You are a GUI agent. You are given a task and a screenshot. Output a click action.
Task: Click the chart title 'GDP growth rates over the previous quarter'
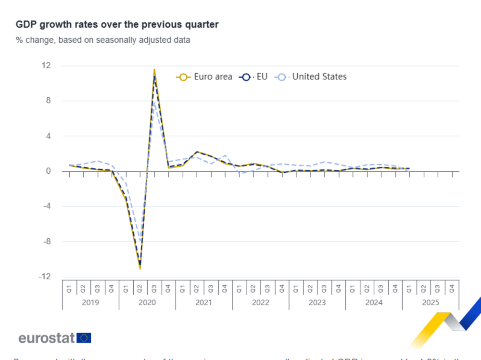117,24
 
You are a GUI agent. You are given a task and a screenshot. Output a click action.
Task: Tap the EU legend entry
253,77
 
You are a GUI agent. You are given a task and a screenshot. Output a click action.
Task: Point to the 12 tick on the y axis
47,65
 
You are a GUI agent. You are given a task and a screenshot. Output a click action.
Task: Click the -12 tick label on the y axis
46,277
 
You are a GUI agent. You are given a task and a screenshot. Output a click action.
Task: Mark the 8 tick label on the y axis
49,101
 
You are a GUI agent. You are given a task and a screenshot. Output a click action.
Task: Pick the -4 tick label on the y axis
47,206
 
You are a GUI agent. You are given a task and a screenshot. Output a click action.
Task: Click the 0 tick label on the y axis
49,171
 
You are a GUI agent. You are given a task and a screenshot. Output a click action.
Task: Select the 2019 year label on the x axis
90,302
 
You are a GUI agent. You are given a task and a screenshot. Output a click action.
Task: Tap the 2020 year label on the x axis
147,302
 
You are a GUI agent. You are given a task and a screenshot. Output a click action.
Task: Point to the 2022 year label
261,302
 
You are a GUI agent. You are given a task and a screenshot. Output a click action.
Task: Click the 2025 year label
430,302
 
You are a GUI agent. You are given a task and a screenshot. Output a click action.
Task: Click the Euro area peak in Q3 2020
154,69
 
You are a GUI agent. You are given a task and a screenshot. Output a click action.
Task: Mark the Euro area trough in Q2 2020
140,268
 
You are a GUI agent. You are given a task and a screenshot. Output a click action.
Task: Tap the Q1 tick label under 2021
183,289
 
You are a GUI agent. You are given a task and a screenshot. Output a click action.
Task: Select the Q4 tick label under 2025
452,289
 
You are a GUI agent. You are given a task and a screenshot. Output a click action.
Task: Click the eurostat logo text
47,338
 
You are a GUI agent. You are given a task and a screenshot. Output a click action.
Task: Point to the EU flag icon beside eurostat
84,338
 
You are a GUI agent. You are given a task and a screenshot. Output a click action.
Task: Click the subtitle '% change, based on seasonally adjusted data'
103,40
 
